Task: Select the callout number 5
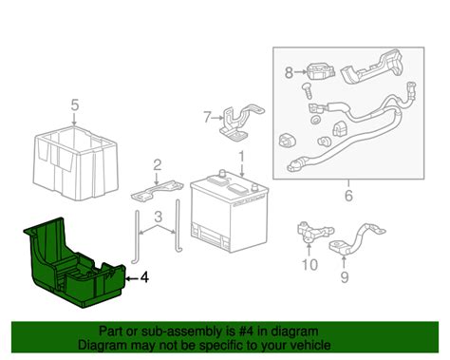click(73, 104)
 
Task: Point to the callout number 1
click(241, 156)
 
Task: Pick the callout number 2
click(158, 164)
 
